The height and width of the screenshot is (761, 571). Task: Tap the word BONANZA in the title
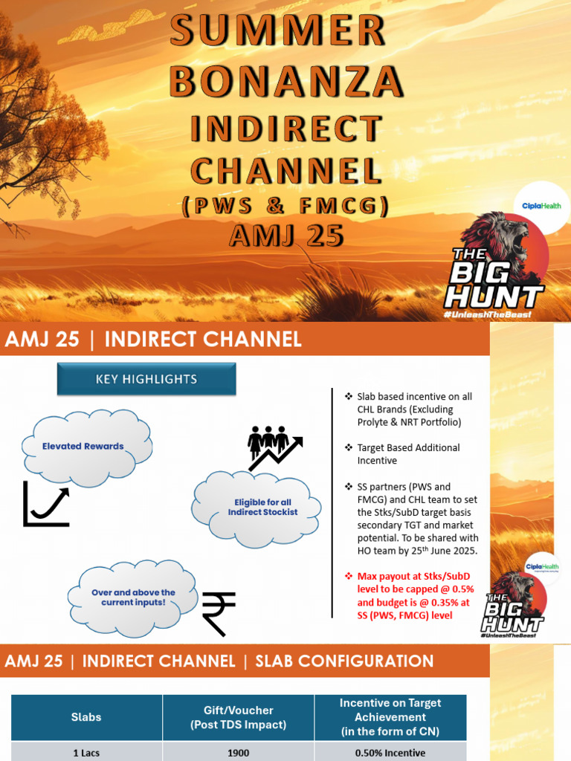[x=286, y=81]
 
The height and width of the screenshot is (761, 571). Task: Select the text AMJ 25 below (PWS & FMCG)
[x=286, y=236]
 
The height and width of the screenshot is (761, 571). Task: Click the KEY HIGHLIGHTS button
[x=146, y=379]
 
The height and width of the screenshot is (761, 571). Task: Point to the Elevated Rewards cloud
[x=83, y=447]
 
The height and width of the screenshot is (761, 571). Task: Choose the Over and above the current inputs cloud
[x=133, y=598]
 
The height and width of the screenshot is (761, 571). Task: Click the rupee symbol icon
[x=219, y=614]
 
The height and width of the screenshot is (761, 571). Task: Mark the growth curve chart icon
[x=46, y=504]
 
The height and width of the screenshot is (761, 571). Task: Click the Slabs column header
[x=86, y=717]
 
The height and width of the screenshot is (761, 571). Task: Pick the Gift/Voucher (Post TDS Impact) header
[x=238, y=717]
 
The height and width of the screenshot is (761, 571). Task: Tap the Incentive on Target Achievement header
[x=390, y=717]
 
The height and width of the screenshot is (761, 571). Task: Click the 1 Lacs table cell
[x=86, y=752]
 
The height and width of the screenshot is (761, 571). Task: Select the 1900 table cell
[x=238, y=752]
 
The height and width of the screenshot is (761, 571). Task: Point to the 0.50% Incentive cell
[x=390, y=752]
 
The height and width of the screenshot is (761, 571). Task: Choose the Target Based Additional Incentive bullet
[x=408, y=454]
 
